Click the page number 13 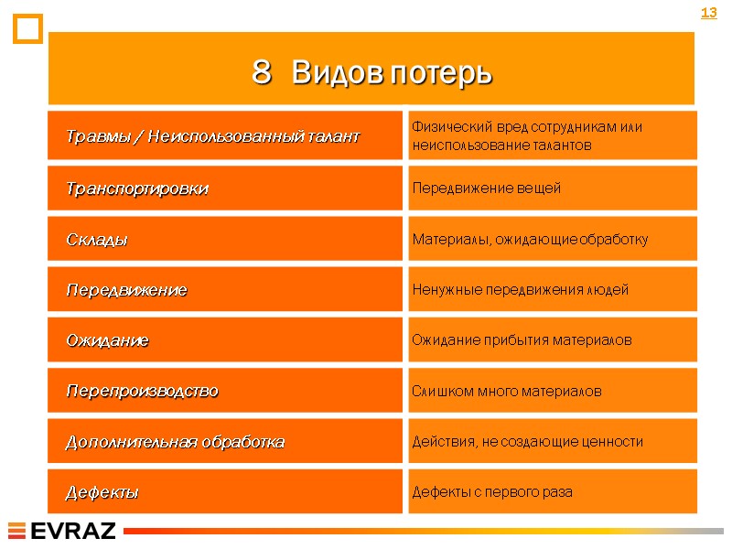(x=708, y=13)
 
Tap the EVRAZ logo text (x=73, y=531)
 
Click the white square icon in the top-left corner (x=28, y=29)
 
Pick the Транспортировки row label (x=136, y=188)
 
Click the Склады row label (x=96, y=240)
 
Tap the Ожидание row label (x=106, y=340)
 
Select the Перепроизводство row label (x=142, y=391)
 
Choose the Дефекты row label (x=102, y=492)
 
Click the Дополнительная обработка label (x=175, y=442)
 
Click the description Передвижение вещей (x=486, y=188)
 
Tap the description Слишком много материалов (x=506, y=391)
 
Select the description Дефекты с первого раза (x=491, y=492)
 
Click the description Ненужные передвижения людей (x=520, y=290)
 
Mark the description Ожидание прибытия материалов (x=522, y=340)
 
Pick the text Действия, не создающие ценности (x=527, y=442)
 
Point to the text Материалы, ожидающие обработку (x=530, y=240)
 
